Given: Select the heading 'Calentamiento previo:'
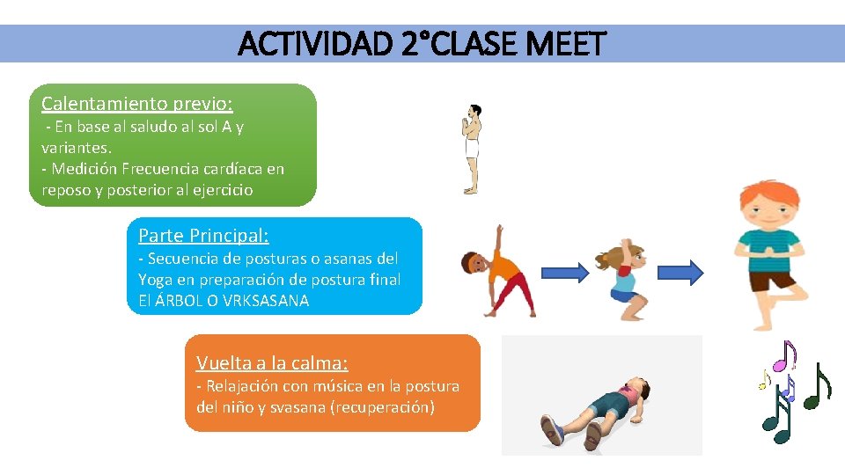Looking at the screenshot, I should tap(137, 103).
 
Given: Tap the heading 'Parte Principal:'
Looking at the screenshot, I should tap(203, 235).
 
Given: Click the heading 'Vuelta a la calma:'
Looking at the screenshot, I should tap(272, 362).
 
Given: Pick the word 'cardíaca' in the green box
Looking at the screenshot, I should tap(233, 168).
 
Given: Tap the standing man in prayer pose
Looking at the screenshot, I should tap(473, 149).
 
